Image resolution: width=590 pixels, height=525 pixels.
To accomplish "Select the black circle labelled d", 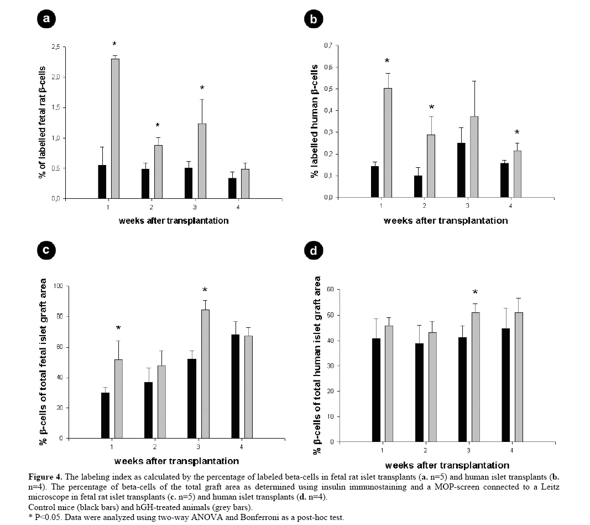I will coord(314,251).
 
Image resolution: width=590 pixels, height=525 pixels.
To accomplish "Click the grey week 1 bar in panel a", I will coord(115,128).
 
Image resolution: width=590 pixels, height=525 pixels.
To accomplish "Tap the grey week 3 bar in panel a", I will coord(202,161).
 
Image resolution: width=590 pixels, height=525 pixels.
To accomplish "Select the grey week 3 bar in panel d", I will coord(475,377).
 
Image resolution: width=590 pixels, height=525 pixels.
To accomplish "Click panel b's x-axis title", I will coord(446,220).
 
